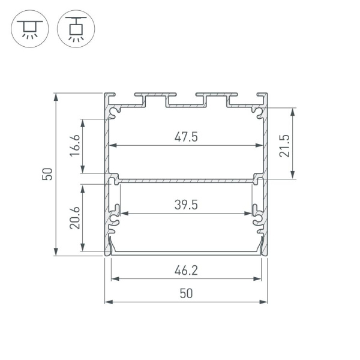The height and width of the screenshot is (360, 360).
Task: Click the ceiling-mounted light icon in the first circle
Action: pos(28,28)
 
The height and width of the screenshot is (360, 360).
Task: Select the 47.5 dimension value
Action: pos(186,137)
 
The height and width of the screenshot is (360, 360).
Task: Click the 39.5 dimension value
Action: pos(186,205)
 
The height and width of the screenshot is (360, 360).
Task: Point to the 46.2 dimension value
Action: pos(186,271)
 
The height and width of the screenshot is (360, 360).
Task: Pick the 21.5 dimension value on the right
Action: pos(284,144)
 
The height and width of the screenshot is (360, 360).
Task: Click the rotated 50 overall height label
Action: pos(48,174)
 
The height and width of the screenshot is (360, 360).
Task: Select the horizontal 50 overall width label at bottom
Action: pos(186,293)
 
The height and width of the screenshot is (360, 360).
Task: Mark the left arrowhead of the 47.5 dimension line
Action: pos(112,145)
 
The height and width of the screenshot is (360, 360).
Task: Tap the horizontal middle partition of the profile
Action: pos(186,178)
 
